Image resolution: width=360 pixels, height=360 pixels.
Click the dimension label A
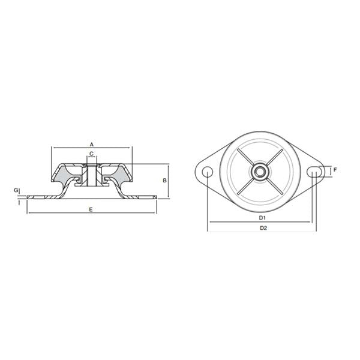[92, 144]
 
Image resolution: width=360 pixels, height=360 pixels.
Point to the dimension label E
[90, 209]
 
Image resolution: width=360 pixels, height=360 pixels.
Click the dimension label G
[16, 190]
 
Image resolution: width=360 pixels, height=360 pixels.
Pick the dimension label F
[335, 170]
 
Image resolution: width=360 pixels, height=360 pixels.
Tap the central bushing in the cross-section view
[92, 174]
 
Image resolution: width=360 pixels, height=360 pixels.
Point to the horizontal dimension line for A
[72, 148]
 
